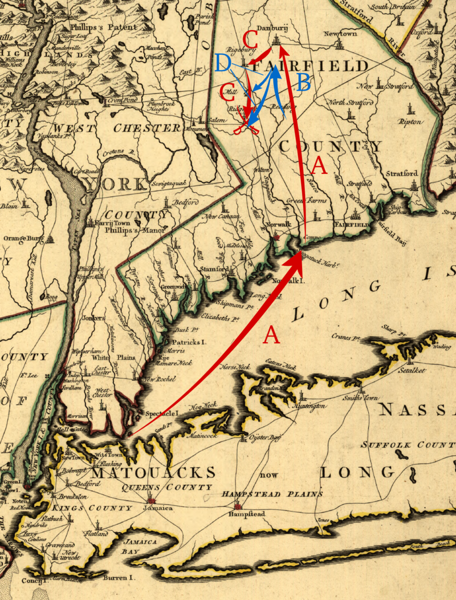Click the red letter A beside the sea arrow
(271, 336)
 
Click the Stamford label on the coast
(214, 268)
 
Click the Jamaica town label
(157, 508)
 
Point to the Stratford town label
(402, 173)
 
